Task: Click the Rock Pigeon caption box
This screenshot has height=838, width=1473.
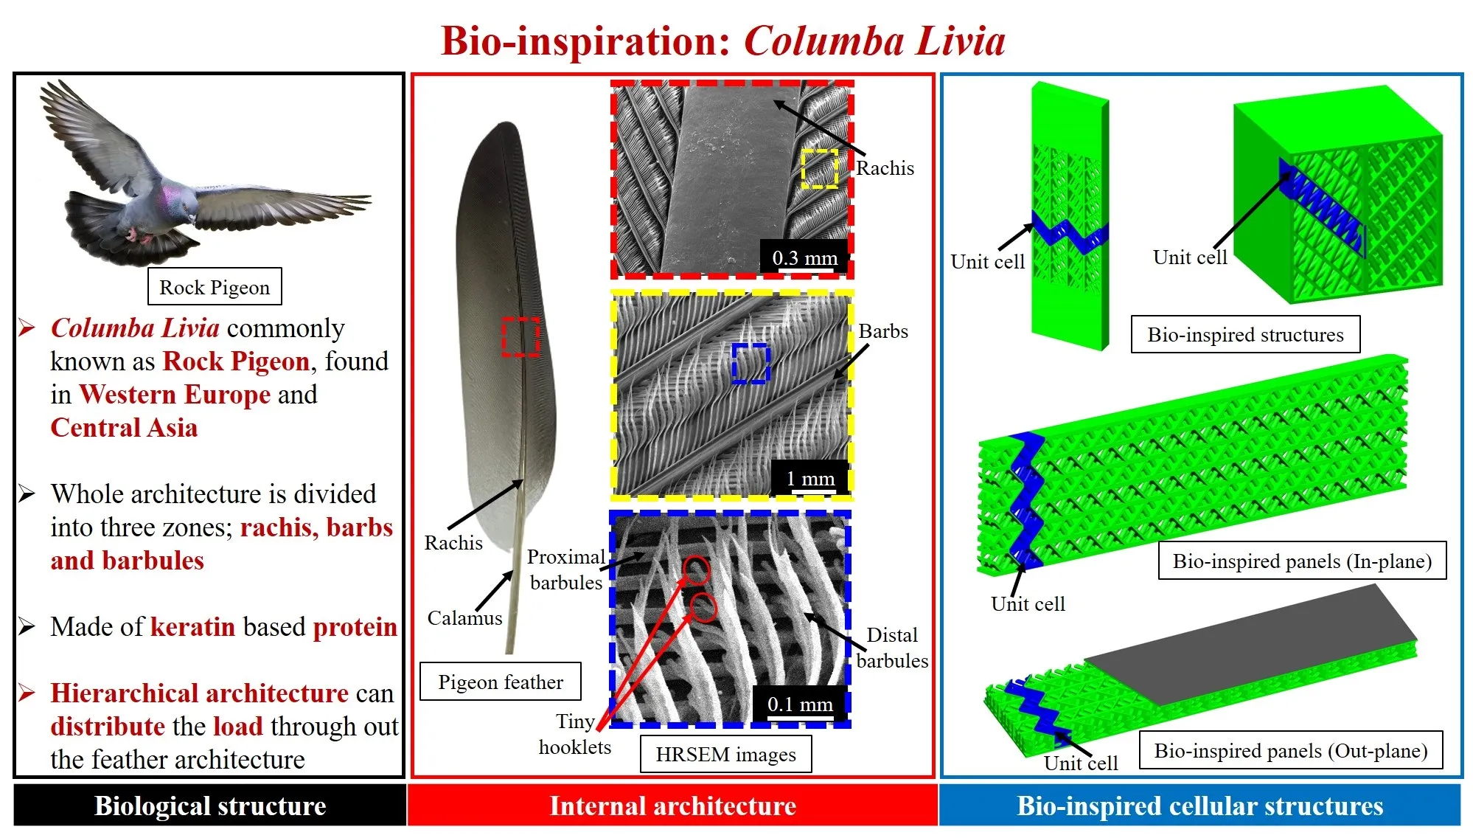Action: coord(215,287)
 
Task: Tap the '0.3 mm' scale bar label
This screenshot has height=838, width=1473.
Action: coord(804,258)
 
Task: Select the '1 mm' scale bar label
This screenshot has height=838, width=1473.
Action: coord(810,479)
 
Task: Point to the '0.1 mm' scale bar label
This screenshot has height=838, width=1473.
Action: coord(800,704)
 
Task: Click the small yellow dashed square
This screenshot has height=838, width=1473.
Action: coord(820,169)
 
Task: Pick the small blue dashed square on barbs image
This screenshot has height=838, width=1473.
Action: coord(751,363)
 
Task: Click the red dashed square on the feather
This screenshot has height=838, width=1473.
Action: coord(520,337)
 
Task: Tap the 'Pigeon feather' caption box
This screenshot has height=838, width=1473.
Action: coord(501,682)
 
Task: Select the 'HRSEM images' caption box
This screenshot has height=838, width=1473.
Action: coord(725,754)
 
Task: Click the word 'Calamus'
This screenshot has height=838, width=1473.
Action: coord(464,618)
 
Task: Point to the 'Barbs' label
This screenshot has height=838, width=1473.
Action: coord(882,331)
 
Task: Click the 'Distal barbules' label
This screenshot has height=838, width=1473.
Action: coord(892,648)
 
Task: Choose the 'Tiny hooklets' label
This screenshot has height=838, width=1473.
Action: coord(575,734)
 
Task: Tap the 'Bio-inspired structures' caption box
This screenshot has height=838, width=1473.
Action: coord(1245,335)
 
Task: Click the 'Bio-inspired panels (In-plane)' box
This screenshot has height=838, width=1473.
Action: coord(1302,561)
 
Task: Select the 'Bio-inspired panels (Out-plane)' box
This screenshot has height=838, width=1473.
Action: coord(1290,751)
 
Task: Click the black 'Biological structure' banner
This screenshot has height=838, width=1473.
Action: coord(210,806)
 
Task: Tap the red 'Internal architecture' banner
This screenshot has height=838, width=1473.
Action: coord(672,806)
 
